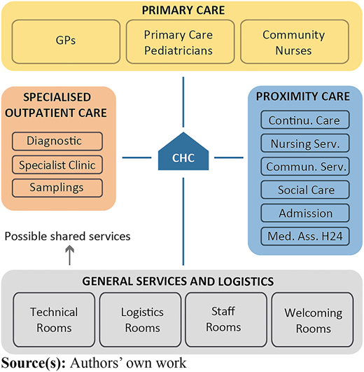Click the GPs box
point(66,41)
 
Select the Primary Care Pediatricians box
point(180,41)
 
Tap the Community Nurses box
point(295,41)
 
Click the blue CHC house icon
point(183,151)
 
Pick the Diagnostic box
point(57,141)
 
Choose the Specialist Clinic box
point(57,165)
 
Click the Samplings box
point(57,188)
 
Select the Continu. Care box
point(305,120)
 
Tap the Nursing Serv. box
point(305,143)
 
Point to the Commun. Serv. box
point(305,166)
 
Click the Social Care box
point(305,190)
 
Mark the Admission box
point(305,213)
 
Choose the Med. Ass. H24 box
point(305,236)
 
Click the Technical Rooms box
point(54,319)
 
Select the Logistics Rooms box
point(140,319)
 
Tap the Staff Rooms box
point(226,319)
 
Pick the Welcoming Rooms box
point(312,319)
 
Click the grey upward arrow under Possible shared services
point(70,255)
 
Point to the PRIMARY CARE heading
point(183,11)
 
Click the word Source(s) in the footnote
point(34,363)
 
